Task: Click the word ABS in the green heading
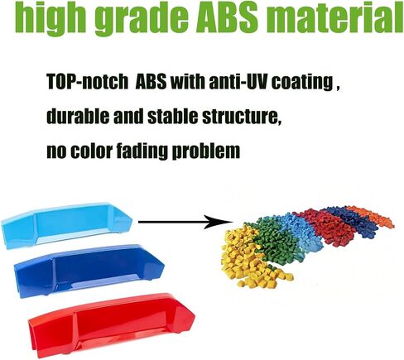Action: (226, 17)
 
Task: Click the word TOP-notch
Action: (88, 81)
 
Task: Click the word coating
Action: (303, 83)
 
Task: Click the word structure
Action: (240, 117)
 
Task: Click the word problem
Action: (206, 151)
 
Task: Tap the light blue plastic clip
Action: (66, 225)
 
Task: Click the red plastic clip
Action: (112, 324)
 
